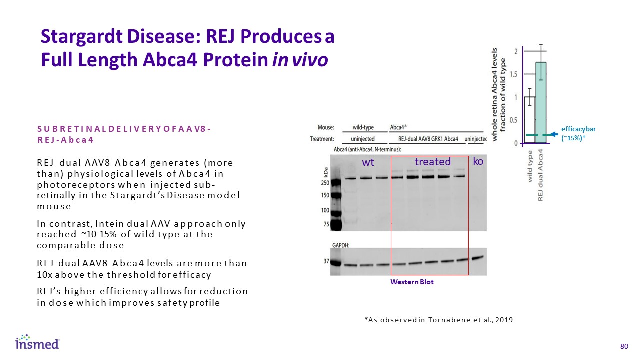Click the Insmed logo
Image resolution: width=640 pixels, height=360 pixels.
pos(37,342)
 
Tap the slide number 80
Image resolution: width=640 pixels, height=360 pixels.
pos(623,347)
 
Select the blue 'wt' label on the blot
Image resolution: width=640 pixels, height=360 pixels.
pos(368,162)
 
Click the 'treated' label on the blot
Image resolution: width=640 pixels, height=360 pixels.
pos(433,162)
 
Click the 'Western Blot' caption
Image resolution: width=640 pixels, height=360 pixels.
pos(412,282)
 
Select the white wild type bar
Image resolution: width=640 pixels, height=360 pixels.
pos(530,120)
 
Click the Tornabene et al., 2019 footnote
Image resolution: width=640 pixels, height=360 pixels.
pos(438,320)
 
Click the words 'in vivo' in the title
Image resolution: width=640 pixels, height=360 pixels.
pos(300,59)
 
